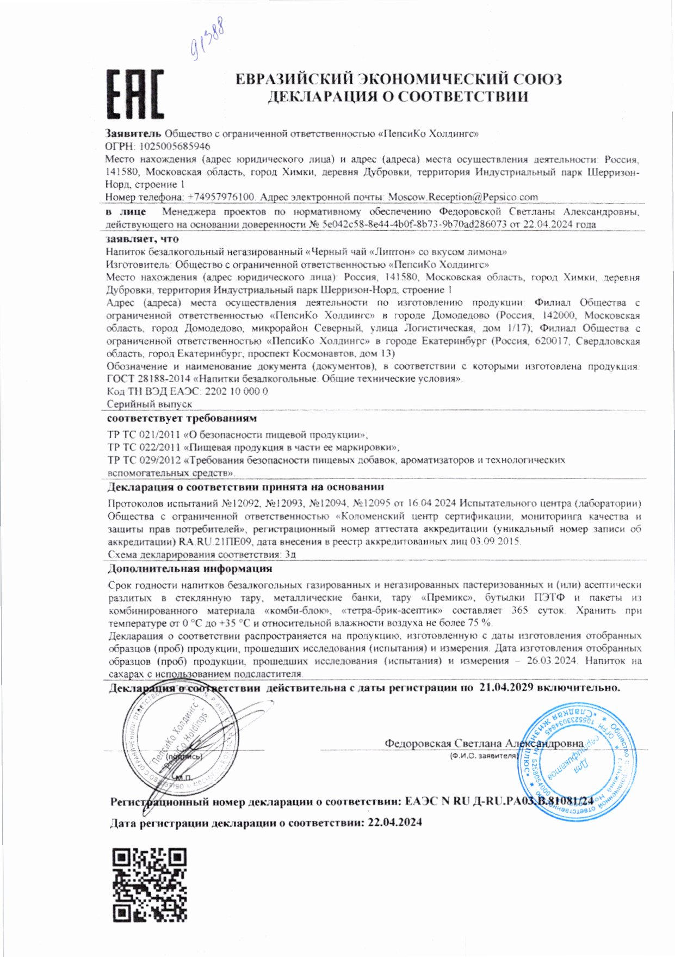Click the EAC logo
(x=134, y=95)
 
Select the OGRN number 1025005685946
(x=175, y=146)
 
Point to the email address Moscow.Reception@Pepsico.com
(x=462, y=197)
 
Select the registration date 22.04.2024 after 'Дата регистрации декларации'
(x=394, y=823)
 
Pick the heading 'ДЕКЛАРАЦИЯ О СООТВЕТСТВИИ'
(x=398, y=97)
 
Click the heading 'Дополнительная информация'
(x=190, y=569)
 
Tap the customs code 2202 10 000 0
(x=235, y=391)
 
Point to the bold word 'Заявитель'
(x=133, y=133)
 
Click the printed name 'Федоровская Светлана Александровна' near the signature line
(x=484, y=744)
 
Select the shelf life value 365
(x=519, y=610)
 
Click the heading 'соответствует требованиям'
(x=182, y=419)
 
